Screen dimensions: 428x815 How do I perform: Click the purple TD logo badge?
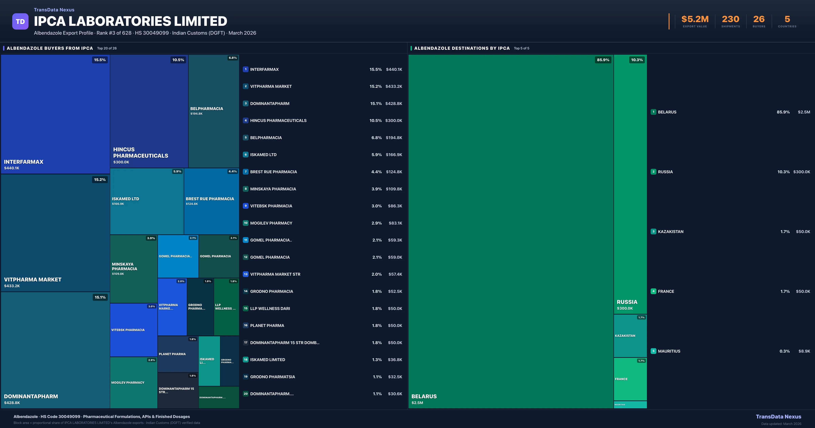20,22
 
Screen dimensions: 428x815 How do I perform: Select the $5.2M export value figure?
695,19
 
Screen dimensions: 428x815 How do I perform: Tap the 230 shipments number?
730,19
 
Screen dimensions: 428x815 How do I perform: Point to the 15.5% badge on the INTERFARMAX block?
100,60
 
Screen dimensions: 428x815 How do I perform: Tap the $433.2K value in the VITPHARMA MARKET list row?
394,86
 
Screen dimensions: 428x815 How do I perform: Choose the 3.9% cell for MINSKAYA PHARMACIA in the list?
376,189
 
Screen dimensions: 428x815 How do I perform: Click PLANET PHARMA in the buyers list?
267,325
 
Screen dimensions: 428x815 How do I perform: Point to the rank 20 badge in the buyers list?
246,394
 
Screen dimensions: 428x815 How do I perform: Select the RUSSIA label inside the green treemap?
627,302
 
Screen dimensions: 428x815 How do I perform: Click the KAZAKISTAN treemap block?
630,336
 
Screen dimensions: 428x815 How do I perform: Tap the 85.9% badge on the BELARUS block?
603,60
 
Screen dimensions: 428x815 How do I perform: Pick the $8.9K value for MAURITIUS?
804,351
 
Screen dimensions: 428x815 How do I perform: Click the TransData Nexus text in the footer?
778,417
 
